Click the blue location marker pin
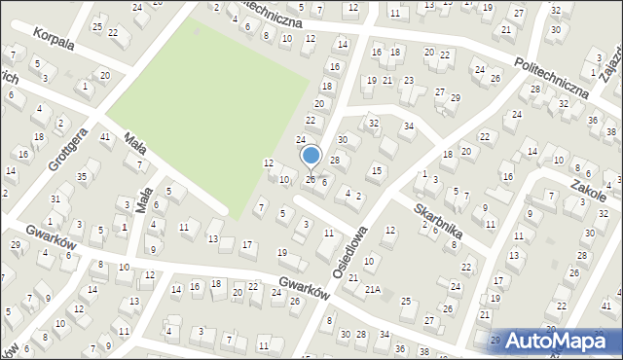point(311,156)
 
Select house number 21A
point(372,290)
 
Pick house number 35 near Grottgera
point(83,176)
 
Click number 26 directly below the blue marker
point(311,179)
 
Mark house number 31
point(55,199)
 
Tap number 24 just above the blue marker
point(301,140)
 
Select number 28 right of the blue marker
point(334,160)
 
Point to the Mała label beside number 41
point(136,144)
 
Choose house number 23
point(408,81)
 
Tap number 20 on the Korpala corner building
point(104,75)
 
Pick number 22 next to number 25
point(113,32)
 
